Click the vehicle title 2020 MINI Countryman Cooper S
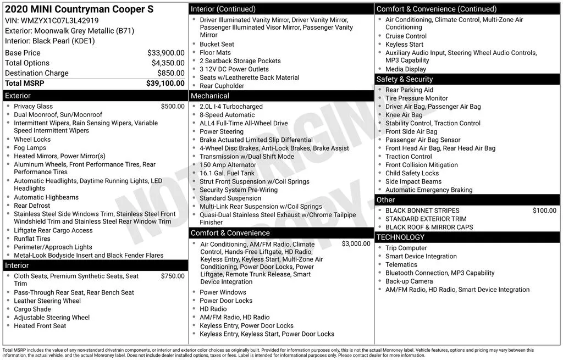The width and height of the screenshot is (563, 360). tap(79, 9)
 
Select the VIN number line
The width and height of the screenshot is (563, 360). tap(52, 20)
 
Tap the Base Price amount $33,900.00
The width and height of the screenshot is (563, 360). tap(165, 53)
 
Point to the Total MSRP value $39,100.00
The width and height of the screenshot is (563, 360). tap(165, 83)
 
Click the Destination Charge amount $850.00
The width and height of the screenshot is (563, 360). tap(170, 73)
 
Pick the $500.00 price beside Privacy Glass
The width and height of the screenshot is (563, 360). tap(173, 106)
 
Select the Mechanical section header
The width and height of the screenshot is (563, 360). tap(210, 96)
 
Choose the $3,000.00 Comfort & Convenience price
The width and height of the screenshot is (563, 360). tap(356, 243)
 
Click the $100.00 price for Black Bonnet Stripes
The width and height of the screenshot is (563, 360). tap(544, 211)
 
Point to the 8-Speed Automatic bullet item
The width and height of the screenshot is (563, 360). tap(227, 115)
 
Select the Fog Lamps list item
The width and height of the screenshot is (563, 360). tap(30, 148)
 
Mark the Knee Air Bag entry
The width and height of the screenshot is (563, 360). tap(404, 115)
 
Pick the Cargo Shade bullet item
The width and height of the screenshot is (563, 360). tap(32, 309)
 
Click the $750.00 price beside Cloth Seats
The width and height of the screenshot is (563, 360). tap(173, 276)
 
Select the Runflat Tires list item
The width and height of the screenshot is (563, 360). tap(32, 239)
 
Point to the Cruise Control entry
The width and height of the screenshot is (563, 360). tap(406, 36)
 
